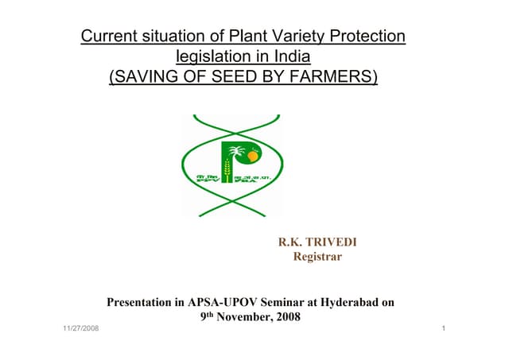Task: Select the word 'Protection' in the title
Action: click(365, 37)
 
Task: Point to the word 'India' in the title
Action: click(291, 57)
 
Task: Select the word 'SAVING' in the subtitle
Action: click(147, 78)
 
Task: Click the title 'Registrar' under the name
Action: click(317, 256)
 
